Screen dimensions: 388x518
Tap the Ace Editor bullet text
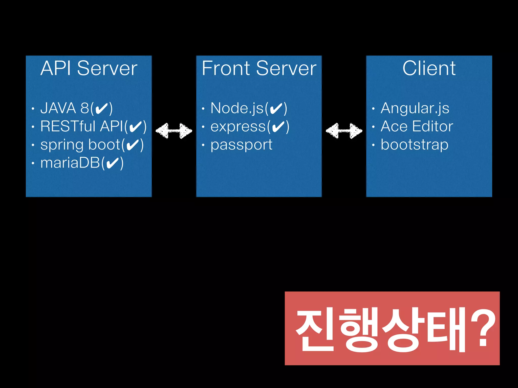(x=417, y=126)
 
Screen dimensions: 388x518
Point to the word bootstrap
(x=415, y=145)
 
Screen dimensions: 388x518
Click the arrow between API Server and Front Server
(x=174, y=131)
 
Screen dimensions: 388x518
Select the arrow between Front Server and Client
(x=344, y=131)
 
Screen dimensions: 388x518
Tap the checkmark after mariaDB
(x=113, y=163)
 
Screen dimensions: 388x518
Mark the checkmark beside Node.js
(x=276, y=109)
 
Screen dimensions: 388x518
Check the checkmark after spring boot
(x=133, y=145)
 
